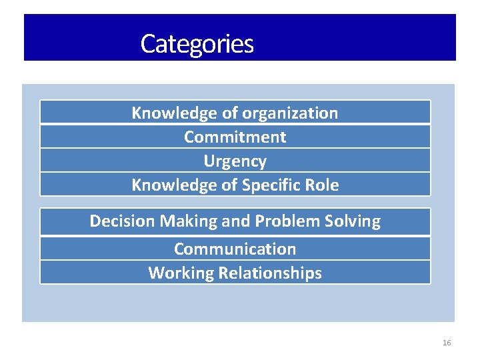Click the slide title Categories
197,44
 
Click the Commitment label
235,137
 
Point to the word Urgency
235,161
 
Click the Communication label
235,249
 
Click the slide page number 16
447,343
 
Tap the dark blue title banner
360,37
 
